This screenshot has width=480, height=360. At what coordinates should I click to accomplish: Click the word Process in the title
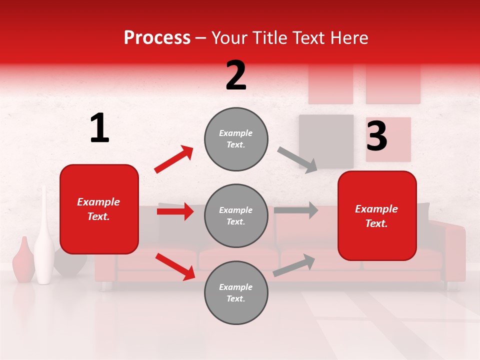click(157, 38)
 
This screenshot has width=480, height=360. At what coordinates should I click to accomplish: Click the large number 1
click(99, 128)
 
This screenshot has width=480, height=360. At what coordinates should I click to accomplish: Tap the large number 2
click(236, 75)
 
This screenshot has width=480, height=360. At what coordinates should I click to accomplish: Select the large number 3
click(376, 136)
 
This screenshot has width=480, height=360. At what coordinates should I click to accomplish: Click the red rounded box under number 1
click(99, 209)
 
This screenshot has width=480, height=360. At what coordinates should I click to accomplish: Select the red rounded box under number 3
click(377, 215)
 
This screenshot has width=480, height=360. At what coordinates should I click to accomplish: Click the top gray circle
click(236, 139)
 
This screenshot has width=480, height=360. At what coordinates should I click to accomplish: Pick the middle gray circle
click(236, 215)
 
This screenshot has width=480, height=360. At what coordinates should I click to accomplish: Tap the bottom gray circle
click(236, 292)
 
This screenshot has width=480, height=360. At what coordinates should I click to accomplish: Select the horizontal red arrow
click(175, 211)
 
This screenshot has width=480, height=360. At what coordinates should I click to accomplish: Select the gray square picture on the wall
click(326, 141)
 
